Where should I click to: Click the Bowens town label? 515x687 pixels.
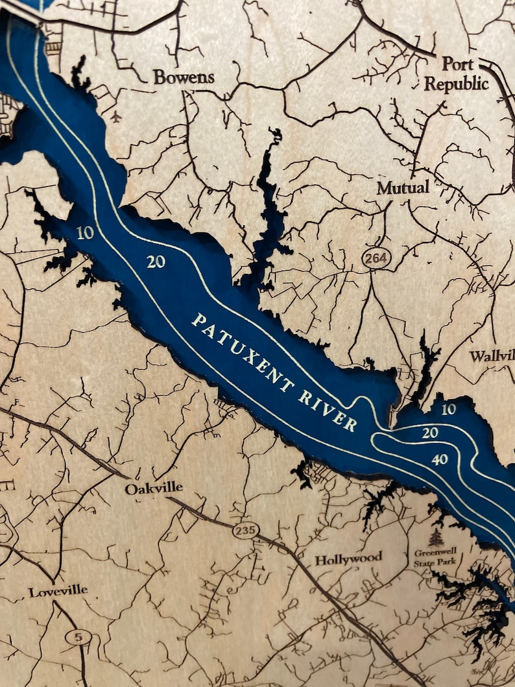pyautogui.click(x=184, y=77)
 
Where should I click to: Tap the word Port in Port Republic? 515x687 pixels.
pyautogui.click(x=458, y=64)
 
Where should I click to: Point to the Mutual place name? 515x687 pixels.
pyautogui.click(x=403, y=188)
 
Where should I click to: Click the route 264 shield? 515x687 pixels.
pyautogui.click(x=376, y=258)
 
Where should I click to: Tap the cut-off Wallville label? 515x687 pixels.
pyautogui.click(x=492, y=356)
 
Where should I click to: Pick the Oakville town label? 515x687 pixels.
pyautogui.click(x=154, y=488)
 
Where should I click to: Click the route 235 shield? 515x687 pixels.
pyautogui.click(x=246, y=531)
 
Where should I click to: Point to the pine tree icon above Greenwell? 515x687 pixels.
pyautogui.click(x=436, y=538)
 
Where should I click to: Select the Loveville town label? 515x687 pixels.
pyautogui.click(x=58, y=592)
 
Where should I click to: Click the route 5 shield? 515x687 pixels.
pyautogui.click(x=78, y=637)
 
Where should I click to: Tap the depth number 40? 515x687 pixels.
pyautogui.click(x=439, y=460)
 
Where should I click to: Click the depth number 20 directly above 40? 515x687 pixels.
pyautogui.click(x=429, y=433)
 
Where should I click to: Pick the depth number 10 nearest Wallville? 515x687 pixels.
pyautogui.click(x=448, y=409)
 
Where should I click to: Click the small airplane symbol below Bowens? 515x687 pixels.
pyautogui.click(x=116, y=117)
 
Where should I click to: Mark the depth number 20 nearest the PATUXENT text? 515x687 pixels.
pyautogui.click(x=156, y=261)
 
